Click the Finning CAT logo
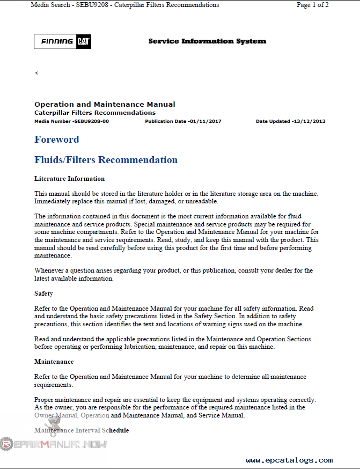(63, 41)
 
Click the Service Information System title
(207, 41)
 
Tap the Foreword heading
(56, 140)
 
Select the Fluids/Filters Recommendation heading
(106, 160)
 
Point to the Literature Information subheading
(69, 179)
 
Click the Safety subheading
(43, 294)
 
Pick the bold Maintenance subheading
(54, 362)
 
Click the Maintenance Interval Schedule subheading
(82, 430)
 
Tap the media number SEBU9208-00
(91, 121)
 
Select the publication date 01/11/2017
(205, 121)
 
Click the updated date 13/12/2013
(309, 121)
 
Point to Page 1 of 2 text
(312, 5)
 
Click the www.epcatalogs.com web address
(289, 460)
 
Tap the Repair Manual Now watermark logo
(54, 444)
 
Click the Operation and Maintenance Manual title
(105, 104)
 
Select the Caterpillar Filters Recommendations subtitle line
(95, 113)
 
